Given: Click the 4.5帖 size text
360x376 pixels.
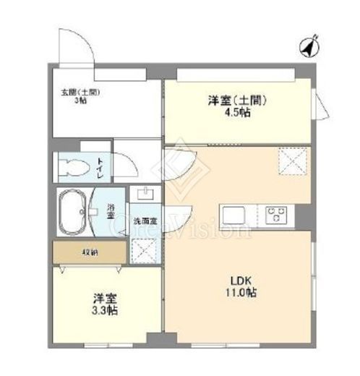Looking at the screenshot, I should tap(238, 114).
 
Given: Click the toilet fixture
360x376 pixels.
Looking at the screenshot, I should tap(72, 168).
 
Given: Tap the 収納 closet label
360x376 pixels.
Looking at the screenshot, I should tap(89, 252).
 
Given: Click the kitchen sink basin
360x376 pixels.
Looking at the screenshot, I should tap(234, 215).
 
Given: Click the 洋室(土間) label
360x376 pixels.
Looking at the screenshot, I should tap(238, 102).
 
